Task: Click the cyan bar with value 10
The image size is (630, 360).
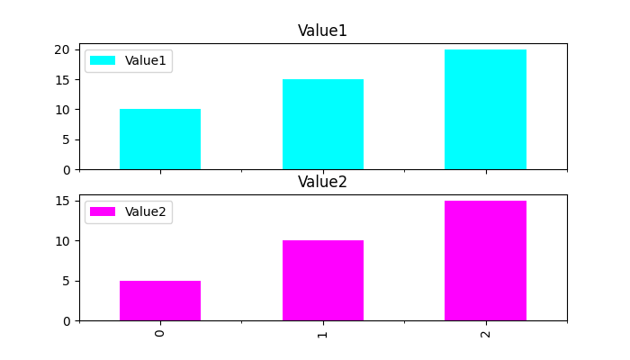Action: tap(160, 139)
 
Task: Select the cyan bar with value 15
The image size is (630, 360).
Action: tap(322, 124)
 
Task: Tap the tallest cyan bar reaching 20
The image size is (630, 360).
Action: tap(485, 110)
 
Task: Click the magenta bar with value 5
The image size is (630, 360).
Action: tap(160, 301)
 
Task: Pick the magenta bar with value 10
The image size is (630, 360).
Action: tap(322, 281)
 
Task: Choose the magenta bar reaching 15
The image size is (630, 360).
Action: tap(485, 261)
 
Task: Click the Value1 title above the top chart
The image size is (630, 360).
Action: tap(322, 31)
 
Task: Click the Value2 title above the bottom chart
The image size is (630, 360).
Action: tap(322, 182)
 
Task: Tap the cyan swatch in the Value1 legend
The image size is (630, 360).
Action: tap(103, 60)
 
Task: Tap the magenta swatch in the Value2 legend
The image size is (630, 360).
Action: tap(103, 211)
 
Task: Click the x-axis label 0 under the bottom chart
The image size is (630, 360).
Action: tap(160, 333)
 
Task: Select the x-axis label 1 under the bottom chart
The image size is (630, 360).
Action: tap(322, 333)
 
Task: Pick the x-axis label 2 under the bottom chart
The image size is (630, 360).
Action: tap(485, 333)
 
